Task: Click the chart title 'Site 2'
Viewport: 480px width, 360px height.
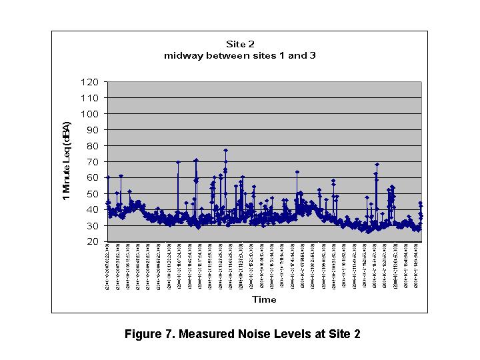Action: coord(239,44)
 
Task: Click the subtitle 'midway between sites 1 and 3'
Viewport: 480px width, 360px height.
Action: coord(239,55)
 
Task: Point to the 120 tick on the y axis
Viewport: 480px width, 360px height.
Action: coord(91,82)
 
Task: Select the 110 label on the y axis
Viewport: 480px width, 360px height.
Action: coord(91,98)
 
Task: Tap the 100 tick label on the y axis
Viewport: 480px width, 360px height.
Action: coord(91,114)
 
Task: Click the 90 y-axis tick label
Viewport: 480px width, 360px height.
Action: coord(93,130)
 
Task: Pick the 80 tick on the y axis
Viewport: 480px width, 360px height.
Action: coord(93,146)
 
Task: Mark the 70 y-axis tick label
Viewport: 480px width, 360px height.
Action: coord(93,162)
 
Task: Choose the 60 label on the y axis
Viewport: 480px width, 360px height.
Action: coord(93,178)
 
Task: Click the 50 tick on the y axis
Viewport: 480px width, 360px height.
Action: coord(93,194)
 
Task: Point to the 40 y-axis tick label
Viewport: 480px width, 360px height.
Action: coord(93,210)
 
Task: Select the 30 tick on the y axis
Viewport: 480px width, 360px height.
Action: coord(93,226)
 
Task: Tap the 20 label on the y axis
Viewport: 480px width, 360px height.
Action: coord(93,242)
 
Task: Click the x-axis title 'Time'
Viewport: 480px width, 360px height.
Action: coord(264,299)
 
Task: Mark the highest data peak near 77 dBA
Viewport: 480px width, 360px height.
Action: coord(225,151)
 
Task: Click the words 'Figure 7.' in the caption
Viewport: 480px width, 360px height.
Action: coord(147,334)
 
